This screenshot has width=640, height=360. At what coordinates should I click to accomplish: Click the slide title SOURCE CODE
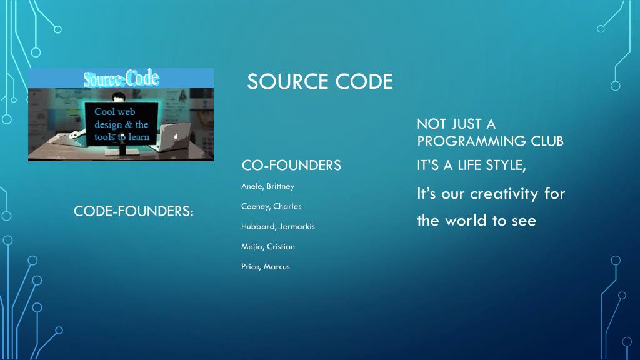(320, 81)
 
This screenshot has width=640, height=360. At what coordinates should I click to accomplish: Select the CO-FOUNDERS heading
(291, 165)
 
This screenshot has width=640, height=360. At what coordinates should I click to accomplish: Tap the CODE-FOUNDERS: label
(134, 212)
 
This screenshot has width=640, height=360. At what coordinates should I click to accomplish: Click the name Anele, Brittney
(267, 186)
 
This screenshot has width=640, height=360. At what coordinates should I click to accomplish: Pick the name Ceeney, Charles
(271, 206)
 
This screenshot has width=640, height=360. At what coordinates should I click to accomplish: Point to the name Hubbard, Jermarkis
(277, 226)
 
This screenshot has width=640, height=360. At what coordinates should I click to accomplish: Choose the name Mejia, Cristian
(267, 246)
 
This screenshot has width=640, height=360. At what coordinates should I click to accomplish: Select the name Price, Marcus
(265, 267)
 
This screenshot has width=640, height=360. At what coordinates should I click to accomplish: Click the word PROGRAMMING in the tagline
(462, 141)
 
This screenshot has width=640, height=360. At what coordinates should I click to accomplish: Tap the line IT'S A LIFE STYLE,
(471, 166)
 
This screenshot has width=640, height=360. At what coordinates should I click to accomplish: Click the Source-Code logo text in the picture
(121, 79)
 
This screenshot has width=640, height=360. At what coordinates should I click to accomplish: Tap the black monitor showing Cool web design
(121, 124)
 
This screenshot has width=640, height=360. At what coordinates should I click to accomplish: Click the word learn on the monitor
(139, 137)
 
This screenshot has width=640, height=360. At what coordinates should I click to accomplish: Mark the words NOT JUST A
(456, 124)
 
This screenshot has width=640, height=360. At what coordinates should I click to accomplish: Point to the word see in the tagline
(524, 221)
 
